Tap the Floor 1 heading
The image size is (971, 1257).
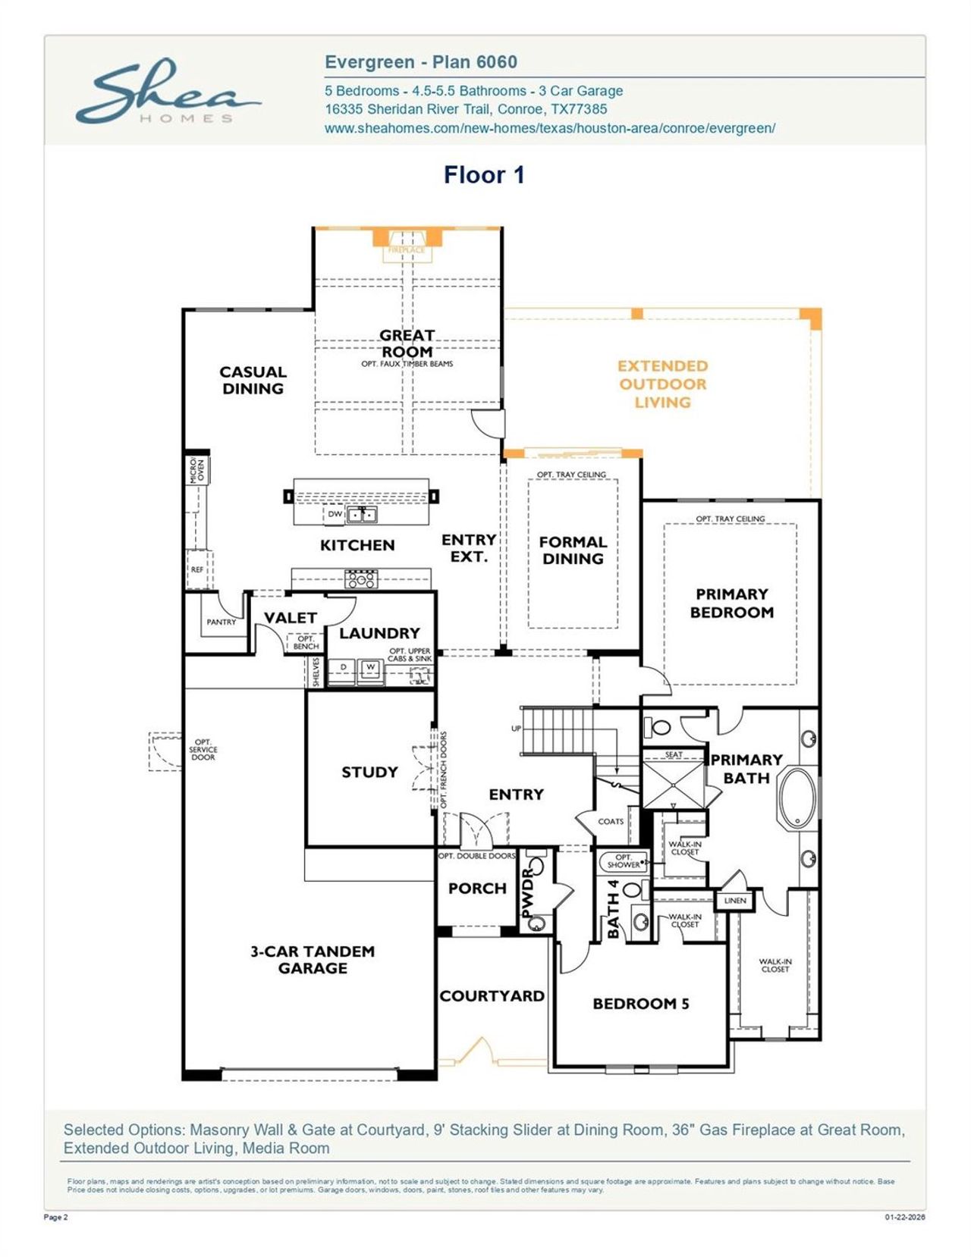[484, 175]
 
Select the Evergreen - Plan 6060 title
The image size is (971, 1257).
[421, 62]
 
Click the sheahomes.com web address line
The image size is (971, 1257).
[550, 128]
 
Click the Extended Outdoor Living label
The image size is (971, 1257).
[662, 384]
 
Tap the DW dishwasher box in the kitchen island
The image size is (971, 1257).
[335, 514]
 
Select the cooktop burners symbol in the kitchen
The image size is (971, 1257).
[361, 579]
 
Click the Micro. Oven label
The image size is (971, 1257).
[196, 470]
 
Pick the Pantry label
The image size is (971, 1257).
[222, 622]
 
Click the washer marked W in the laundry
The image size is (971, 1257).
[371, 668]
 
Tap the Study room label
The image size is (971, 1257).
[369, 772]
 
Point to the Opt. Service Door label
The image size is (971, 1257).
[203, 750]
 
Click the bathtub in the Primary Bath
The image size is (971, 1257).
[797, 798]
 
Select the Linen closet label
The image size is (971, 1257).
[735, 901]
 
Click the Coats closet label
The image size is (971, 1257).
[611, 821]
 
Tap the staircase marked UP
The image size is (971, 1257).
[558, 731]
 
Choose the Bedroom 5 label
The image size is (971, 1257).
[641, 1004]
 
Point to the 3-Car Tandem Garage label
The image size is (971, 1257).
[313, 960]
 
